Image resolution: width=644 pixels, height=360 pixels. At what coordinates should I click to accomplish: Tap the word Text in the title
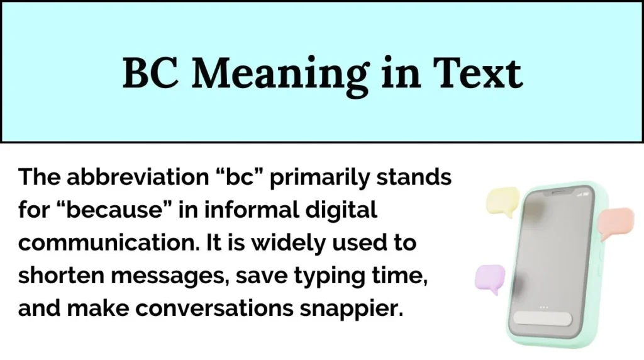484,74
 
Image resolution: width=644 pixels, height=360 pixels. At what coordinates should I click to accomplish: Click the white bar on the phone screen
543,319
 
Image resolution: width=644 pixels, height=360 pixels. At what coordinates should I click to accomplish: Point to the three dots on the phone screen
544,307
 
